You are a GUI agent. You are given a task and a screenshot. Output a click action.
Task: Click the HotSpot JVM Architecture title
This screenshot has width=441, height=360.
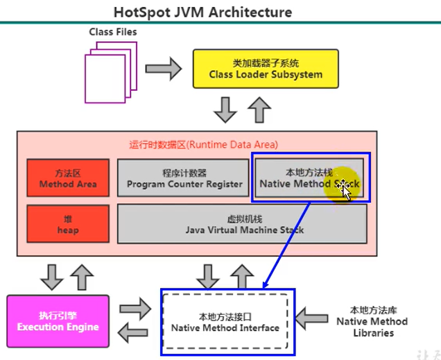pos(202,12)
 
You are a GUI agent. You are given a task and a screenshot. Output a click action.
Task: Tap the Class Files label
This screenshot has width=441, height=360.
pos(113,32)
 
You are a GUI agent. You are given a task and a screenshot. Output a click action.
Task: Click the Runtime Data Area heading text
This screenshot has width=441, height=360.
pos(203,145)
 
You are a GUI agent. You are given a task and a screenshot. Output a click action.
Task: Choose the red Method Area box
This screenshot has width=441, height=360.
pos(68,178)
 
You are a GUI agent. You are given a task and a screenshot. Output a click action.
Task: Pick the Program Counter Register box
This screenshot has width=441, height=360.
pos(184,178)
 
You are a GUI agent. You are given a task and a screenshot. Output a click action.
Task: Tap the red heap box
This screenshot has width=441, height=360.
pos(68,223)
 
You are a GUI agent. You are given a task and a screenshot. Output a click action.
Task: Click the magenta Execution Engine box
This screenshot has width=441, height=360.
pos(58,321)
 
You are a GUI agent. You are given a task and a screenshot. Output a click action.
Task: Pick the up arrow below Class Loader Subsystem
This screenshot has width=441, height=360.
pos(261,108)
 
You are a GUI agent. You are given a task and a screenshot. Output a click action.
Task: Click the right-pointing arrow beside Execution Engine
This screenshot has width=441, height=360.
pos(135,307)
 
